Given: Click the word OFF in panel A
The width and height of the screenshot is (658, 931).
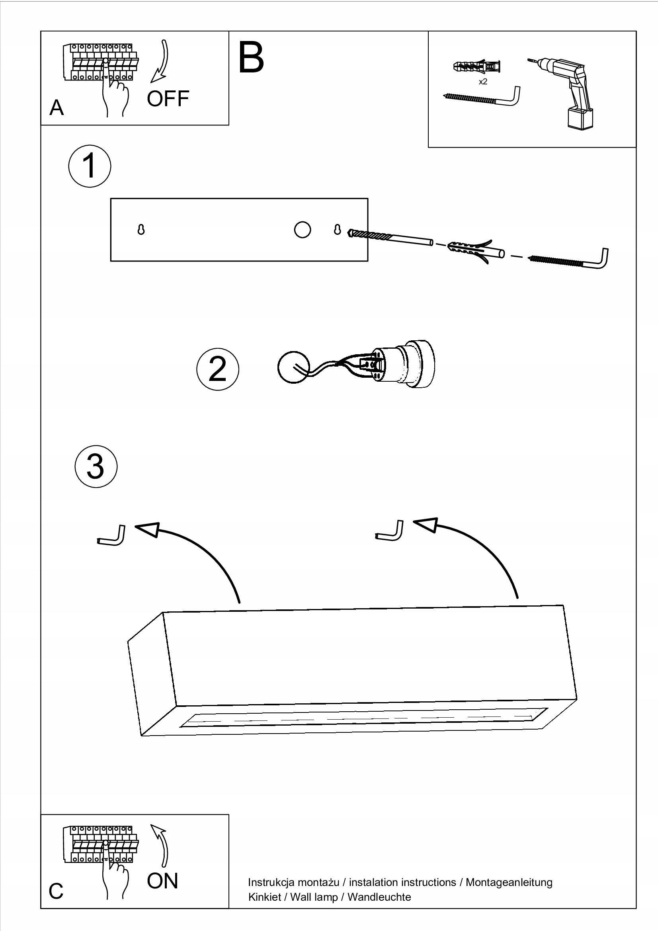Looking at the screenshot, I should [x=168, y=99].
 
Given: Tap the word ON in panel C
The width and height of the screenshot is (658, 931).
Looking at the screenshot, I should [x=162, y=881].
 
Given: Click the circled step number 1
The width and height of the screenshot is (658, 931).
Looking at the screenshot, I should [x=90, y=166].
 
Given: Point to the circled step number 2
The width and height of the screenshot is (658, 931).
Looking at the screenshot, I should [x=218, y=369].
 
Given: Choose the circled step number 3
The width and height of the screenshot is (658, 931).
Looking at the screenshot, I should [x=96, y=466].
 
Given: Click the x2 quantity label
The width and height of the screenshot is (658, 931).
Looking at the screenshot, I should [x=483, y=82].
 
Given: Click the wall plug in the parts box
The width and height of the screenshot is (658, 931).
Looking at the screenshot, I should [x=476, y=66].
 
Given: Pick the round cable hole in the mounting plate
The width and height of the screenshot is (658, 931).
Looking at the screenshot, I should [x=303, y=230].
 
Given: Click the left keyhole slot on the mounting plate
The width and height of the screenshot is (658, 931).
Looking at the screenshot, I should [x=141, y=230].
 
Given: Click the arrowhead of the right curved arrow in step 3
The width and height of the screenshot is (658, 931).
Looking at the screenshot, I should [x=426, y=525].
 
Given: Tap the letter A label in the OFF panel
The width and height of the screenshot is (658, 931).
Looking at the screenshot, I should [x=57, y=108].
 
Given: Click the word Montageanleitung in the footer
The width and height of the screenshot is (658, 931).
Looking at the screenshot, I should [x=509, y=882].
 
